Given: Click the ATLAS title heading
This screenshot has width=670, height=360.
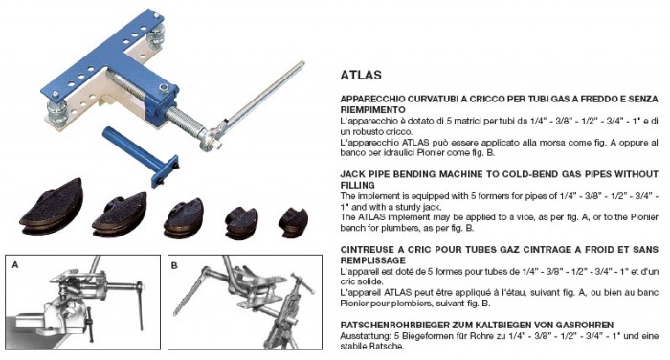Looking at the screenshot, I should [x=360, y=73].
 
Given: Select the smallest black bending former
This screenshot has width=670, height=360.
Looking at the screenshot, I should [x=292, y=219].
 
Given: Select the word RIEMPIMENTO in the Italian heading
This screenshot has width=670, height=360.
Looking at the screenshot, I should [x=375, y=110].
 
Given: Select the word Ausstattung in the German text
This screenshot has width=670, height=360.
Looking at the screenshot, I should [x=364, y=336].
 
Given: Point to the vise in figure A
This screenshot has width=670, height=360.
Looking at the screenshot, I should [x=48, y=321].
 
